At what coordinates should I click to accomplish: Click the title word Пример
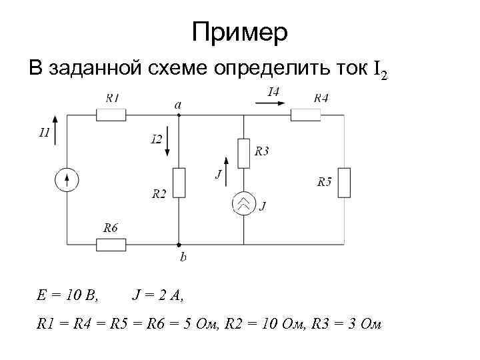click(239, 31)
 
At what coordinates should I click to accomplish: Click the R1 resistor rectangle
click(111, 115)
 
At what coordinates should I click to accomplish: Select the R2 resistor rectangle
click(178, 183)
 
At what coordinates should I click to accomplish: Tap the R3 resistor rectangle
click(244, 153)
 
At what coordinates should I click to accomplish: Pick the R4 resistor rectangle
click(306, 115)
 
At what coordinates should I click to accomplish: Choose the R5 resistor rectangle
click(344, 183)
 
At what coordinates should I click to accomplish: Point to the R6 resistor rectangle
click(111, 244)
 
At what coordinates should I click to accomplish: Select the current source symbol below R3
click(244, 204)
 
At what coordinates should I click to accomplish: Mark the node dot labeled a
click(178, 115)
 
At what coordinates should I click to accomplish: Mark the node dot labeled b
click(178, 244)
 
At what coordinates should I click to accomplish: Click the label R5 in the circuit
click(325, 181)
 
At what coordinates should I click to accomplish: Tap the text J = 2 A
click(158, 293)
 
